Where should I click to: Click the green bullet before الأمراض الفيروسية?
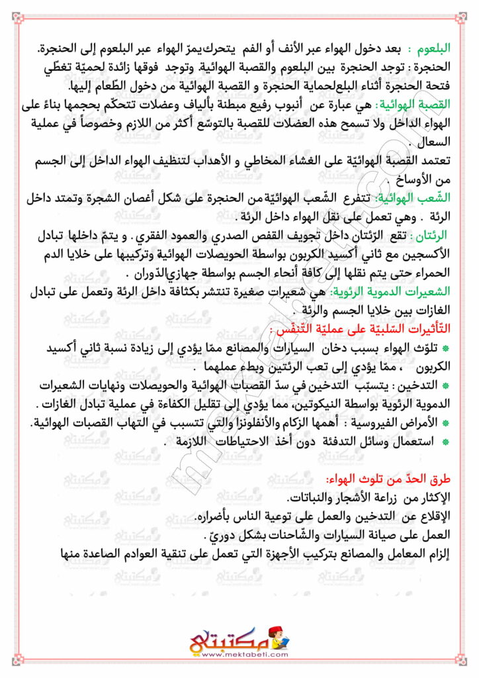coord(445,423)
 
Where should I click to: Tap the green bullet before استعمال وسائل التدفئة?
coord(445,442)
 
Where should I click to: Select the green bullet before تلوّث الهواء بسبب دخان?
coord(445,348)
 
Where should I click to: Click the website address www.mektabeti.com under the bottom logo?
coord(239,655)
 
